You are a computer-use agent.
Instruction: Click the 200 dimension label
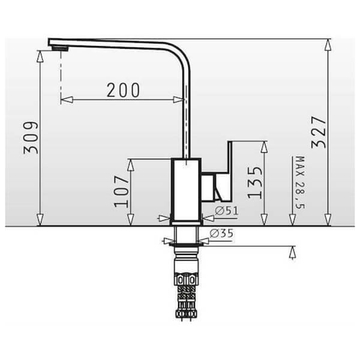tap(123, 90)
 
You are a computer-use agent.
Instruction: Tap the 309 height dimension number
tap(31, 138)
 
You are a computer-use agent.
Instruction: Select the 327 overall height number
tap(318, 132)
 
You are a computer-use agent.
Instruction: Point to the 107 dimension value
tap(122, 191)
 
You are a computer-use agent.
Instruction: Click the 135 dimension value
tap(255, 182)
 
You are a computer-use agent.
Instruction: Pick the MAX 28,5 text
tap(300, 182)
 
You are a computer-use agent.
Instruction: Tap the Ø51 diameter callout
tap(226, 211)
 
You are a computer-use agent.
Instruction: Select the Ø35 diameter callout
tap(221, 233)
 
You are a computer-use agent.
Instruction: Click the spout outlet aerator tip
tap(60, 48)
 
